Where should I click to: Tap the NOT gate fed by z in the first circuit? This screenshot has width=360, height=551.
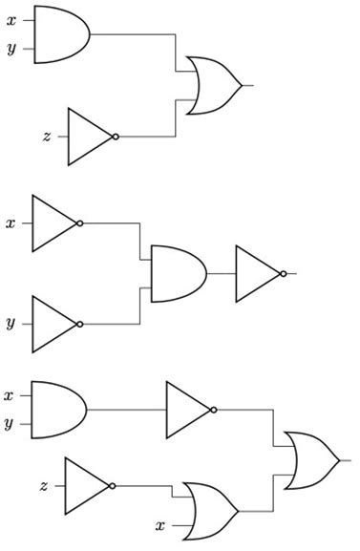90,136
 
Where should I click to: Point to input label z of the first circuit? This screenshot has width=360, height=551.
46,136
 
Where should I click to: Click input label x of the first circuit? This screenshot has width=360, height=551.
11,19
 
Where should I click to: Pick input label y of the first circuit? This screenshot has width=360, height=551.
11,49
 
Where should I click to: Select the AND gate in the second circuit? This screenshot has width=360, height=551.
178,273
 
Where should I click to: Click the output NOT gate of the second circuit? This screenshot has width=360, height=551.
258,273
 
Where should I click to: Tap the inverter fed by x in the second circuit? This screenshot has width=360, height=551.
54,223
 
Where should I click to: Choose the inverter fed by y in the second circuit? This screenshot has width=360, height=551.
54,324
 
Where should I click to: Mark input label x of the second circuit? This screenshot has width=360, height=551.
11,223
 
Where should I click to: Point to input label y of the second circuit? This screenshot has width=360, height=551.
11,324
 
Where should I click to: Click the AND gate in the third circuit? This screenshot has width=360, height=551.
57,410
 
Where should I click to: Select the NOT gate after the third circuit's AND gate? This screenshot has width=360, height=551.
188,410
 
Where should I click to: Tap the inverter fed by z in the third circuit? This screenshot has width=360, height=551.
87,485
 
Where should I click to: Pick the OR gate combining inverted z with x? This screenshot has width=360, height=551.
209,510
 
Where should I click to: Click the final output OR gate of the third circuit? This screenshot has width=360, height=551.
309,460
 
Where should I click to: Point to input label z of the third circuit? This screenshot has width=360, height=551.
44,485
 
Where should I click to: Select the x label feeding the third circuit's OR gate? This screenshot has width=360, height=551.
159,524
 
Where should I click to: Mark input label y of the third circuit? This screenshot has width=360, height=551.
9,424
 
